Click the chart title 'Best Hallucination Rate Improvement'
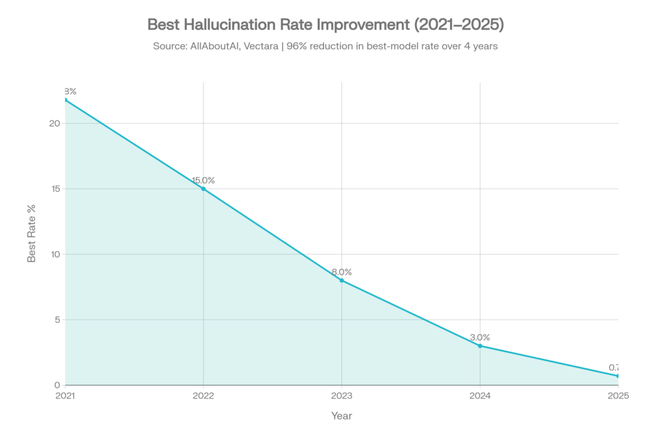coord(325,25)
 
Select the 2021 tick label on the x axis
coord(65,395)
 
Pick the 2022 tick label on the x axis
coord(203,395)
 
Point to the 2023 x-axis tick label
coord(342,395)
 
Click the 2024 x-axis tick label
coord(480,395)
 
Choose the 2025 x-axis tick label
coord(618,395)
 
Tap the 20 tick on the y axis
coord(55,123)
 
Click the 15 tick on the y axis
coord(55,189)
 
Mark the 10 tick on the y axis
coord(55,254)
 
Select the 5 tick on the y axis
coord(57,320)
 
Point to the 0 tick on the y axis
coord(57,385)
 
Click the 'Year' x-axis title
coord(341,416)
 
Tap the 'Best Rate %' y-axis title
coord(31,233)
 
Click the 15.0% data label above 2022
coord(203,180)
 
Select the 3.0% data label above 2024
coord(480,337)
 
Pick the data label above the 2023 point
coord(342,272)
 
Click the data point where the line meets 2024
coord(480,345)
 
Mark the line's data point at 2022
coord(203,189)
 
